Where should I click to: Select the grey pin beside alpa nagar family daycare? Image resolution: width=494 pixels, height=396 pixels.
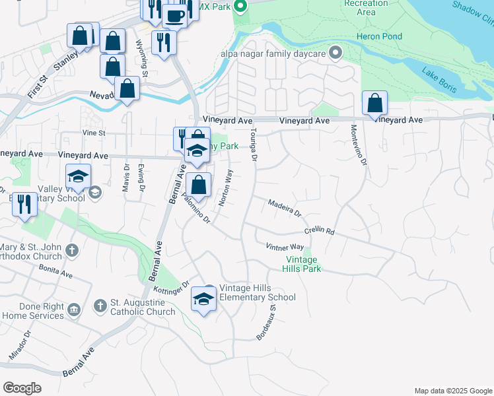pyautogui.click(x=336, y=52)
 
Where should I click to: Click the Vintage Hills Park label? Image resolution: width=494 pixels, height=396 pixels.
pyautogui.click(x=301, y=264)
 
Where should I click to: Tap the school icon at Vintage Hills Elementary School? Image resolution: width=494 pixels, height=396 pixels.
pyautogui.click(x=203, y=299)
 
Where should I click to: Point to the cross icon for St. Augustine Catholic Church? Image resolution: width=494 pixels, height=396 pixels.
pyautogui.click(x=100, y=306)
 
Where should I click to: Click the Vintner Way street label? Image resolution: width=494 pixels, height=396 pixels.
pyautogui.click(x=285, y=246)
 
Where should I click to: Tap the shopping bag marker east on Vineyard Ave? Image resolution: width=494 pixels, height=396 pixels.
pyautogui.click(x=374, y=104)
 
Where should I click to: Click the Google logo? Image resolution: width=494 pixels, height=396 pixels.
pyautogui.click(x=22, y=388)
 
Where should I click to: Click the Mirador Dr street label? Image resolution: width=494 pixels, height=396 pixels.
pyautogui.click(x=19, y=345)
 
